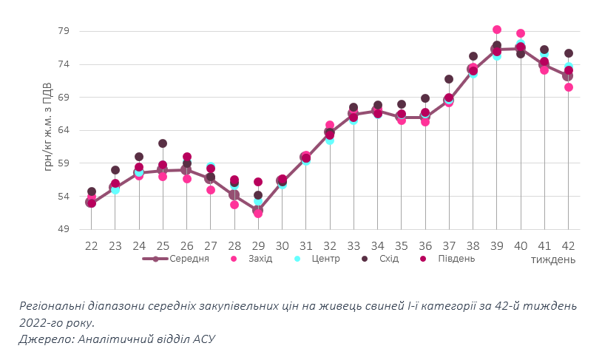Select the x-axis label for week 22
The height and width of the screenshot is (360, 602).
tap(91, 245)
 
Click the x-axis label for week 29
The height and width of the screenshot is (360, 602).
tap(258, 245)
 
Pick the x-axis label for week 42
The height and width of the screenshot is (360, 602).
tap(568, 245)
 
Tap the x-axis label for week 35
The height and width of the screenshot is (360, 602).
tap(401, 245)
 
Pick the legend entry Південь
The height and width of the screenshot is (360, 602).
tap(453, 259)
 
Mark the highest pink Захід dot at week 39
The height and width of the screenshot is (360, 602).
tap(497, 30)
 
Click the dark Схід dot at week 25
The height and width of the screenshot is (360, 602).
tap(163, 143)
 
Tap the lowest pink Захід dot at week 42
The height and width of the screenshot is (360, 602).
tap(569, 87)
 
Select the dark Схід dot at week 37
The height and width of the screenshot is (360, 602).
tap(449, 79)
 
